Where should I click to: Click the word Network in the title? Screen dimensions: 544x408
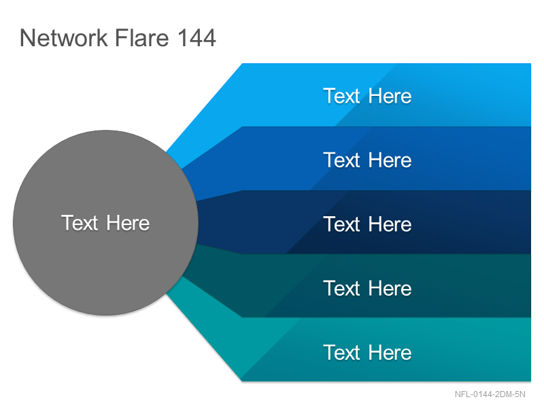pos(63,37)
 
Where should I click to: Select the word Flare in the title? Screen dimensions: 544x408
pos(142,37)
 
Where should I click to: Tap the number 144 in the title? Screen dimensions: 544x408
pos(197,37)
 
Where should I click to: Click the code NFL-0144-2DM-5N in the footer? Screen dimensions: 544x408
pos(490,394)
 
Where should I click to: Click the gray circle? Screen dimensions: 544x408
pos(106,223)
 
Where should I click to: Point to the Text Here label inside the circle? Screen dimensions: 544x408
pos(105,223)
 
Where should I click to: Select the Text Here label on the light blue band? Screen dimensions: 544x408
pos(367,96)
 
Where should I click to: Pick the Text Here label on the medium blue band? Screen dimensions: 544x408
pos(367,160)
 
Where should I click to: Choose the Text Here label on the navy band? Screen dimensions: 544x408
pos(367,224)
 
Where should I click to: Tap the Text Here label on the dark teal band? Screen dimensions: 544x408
pos(367,288)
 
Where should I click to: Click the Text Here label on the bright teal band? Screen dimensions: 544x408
pos(367,352)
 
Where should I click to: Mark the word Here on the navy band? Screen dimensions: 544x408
pos(390,224)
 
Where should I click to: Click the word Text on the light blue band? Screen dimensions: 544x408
pos(342,96)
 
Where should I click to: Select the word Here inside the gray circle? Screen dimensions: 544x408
pos(128,223)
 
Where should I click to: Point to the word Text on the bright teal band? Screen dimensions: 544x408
pos(342,352)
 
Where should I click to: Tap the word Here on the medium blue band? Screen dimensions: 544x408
pos(390,160)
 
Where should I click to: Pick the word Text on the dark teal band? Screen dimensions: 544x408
pos(342,288)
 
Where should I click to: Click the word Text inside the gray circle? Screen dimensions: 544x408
pos(80,223)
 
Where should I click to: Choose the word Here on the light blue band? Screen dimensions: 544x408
pos(390,96)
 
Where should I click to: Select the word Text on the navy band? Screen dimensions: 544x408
pos(342,224)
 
